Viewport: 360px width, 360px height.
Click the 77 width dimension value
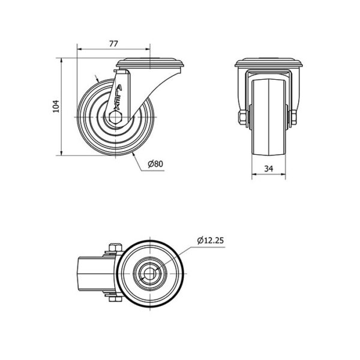[113, 44]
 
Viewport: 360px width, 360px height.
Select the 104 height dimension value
[56, 107]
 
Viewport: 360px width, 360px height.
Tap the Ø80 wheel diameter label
[155, 164]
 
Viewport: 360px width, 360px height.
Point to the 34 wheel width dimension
[269, 169]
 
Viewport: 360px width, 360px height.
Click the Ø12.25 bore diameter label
[211, 241]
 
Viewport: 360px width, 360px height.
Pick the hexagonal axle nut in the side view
[116, 118]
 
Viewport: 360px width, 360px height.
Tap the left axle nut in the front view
[242, 118]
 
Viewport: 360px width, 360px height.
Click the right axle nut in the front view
[294, 118]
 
